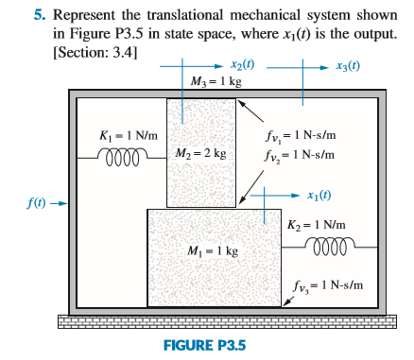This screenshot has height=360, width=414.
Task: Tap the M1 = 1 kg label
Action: (214, 252)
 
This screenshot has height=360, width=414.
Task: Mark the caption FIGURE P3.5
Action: (204, 345)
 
